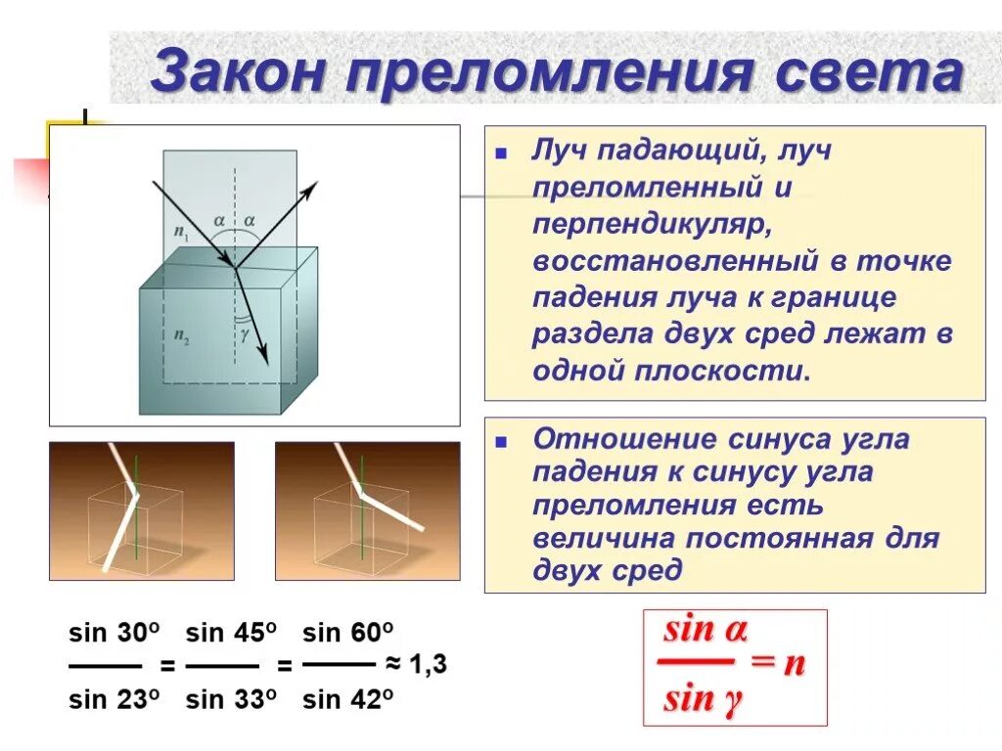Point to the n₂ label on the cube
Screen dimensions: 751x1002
182,334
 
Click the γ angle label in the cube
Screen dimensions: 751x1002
245,332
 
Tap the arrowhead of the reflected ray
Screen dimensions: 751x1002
311,189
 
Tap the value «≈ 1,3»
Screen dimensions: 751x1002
416,665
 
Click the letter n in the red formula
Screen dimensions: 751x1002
795,664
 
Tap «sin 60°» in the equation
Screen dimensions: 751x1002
348,632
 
